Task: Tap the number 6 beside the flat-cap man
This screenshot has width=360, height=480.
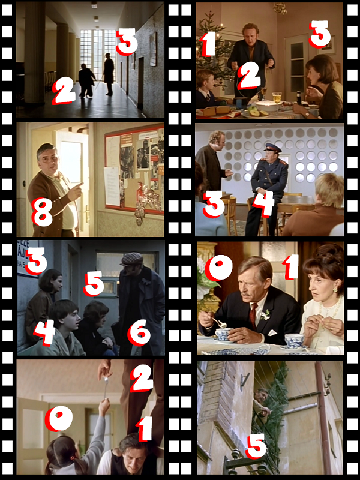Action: (x=139, y=334)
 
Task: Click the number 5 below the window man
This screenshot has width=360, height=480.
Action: (x=256, y=446)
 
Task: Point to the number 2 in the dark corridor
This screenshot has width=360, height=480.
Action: (x=64, y=91)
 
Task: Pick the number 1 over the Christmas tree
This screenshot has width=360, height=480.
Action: (x=208, y=44)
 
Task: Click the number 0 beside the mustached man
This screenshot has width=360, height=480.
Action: (x=218, y=268)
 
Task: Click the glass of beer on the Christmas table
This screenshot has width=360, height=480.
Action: (x=277, y=97)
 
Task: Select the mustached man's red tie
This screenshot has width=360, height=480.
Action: (x=253, y=316)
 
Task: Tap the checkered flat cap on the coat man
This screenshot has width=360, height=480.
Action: (x=132, y=259)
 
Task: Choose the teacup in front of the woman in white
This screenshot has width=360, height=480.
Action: (x=294, y=341)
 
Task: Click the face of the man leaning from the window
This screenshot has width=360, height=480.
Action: (x=262, y=395)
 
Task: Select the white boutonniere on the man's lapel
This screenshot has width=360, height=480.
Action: (x=266, y=314)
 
